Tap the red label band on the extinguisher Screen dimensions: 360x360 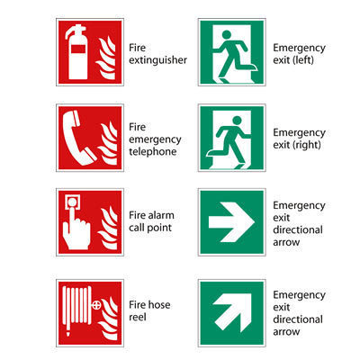78,49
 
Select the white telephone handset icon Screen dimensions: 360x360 77,138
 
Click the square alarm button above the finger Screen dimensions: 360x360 73,202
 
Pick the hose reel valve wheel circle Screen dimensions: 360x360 96,305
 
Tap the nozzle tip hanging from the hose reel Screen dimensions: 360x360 68,332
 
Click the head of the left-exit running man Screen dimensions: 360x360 227,35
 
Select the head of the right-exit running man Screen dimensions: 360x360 237,121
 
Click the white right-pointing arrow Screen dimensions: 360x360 231,222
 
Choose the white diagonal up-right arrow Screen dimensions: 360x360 233,313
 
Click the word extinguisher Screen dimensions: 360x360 157,60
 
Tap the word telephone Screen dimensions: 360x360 153,151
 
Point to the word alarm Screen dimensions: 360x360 161,215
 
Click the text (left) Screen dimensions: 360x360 302,60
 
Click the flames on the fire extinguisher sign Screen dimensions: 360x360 105,58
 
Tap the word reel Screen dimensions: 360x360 138,317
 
